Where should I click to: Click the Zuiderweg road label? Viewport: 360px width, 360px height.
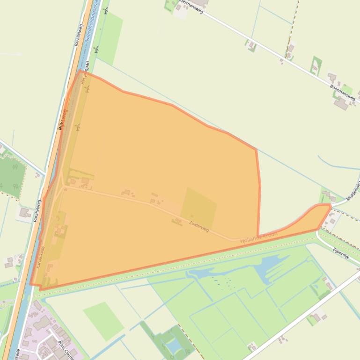199,226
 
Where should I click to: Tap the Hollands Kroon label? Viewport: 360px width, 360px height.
259,237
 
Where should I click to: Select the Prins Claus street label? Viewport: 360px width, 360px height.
67,348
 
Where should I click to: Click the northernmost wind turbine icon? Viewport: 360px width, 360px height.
106,10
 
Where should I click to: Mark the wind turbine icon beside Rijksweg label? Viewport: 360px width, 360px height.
78,127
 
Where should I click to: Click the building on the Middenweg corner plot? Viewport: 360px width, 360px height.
326,195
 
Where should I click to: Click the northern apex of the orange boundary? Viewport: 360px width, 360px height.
81,71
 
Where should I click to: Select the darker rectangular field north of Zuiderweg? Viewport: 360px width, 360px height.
198,208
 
